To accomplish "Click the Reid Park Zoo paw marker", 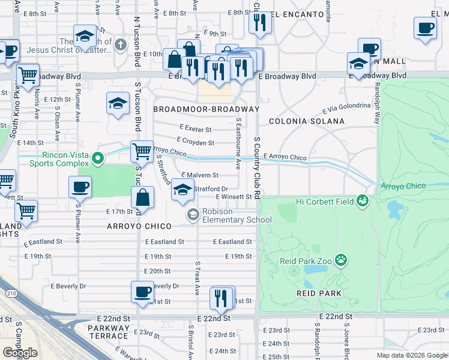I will point(342,260).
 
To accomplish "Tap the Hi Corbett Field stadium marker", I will point(362,201).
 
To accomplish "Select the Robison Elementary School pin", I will point(193,214).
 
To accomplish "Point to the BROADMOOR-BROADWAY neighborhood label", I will point(206,109).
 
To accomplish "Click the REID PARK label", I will point(319,293).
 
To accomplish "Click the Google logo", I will point(20,353).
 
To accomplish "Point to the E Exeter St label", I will point(196,129).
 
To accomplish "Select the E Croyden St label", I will point(196,143).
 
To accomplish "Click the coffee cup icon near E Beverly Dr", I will point(142,292).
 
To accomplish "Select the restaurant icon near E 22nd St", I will point(221,298).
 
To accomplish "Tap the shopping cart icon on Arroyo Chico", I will point(142,152).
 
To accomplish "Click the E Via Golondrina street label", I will point(346,108).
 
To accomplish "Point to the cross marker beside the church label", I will point(121,45).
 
